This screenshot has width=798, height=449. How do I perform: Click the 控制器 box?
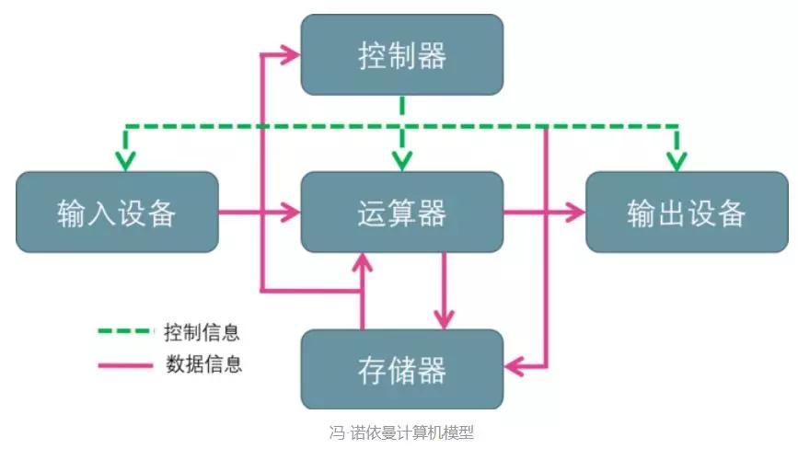click(402, 54)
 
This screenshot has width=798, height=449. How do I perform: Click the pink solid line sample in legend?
click(124, 364)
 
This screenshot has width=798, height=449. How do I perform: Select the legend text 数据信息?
click(202, 363)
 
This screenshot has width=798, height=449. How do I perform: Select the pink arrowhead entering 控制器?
click(292, 55)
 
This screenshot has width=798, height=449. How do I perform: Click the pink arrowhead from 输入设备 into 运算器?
click(292, 213)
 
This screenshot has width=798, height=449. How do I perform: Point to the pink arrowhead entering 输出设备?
click(576, 213)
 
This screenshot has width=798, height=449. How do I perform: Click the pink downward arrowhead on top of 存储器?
click(445, 319)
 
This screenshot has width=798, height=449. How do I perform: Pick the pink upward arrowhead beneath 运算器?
click(363, 260)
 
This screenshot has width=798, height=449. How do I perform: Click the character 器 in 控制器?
click(432, 54)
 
